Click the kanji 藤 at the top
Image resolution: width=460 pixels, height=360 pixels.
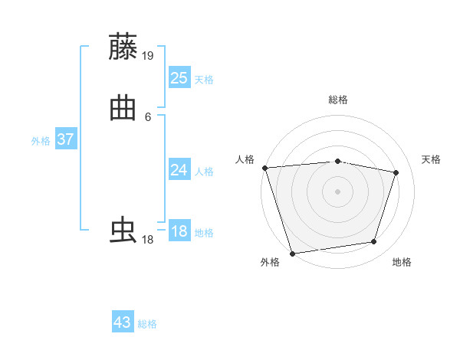coord(123,47)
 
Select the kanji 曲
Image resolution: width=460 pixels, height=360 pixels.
coord(123,108)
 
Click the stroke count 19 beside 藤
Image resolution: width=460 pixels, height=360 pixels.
coord(148,55)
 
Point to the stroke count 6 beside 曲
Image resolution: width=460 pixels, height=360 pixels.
coord(148,116)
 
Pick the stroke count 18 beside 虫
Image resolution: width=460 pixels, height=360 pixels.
coord(147,240)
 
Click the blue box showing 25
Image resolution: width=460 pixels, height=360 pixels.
coord(179,77)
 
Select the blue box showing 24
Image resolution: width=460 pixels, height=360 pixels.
coord(179,170)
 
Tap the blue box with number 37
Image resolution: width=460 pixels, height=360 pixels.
coord(65,139)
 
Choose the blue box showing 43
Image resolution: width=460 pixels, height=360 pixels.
coord(123,322)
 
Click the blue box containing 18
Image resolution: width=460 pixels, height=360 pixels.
coord(179,231)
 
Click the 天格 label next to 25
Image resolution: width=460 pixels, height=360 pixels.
coord(204,79)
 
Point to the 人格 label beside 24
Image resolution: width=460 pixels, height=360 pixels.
coord(204,172)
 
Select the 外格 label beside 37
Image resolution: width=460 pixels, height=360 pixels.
coord(41,141)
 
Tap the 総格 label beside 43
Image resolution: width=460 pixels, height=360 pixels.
coord(147,324)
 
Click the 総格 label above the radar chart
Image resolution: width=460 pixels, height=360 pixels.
coord(338,100)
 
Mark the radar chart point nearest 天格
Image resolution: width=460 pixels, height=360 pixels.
coord(396,172)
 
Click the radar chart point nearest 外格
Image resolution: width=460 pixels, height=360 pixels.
coord(292,253)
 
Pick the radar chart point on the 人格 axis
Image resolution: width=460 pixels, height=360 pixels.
coord(264,168)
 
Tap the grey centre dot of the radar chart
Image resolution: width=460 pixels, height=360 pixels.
coord(338,191)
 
